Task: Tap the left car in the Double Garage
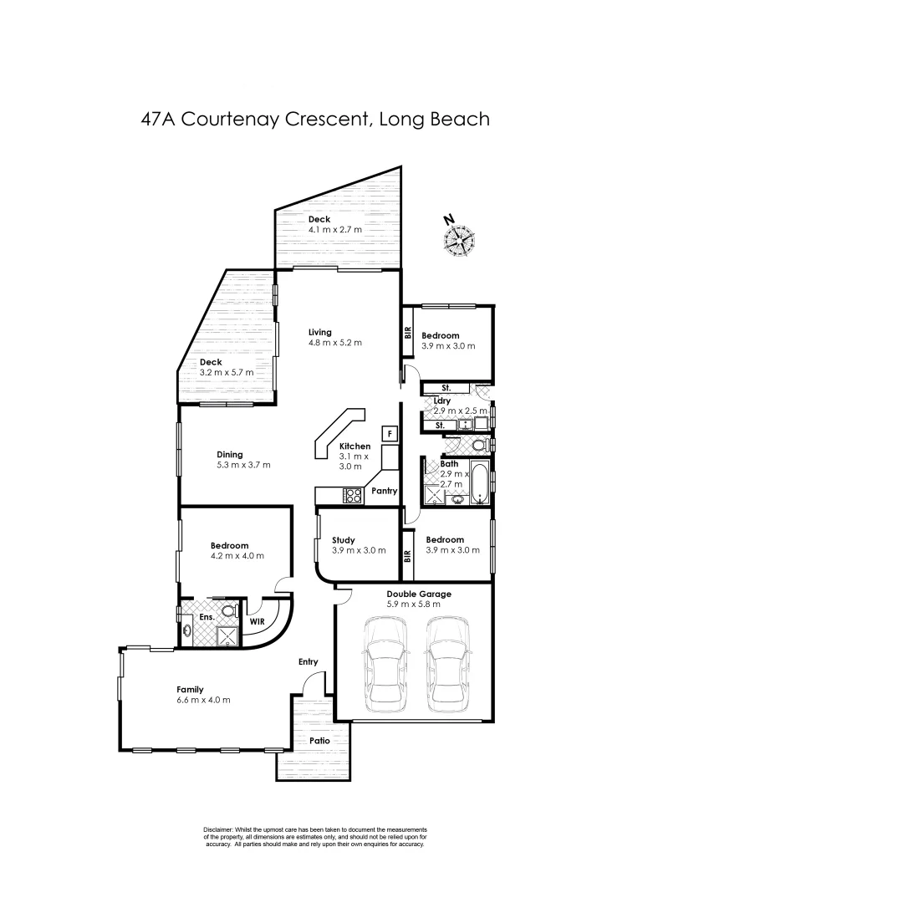pyautogui.click(x=385, y=663)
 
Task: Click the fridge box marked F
pyautogui.click(x=388, y=433)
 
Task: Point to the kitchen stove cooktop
pyautogui.click(x=352, y=496)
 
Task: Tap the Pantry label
pyautogui.click(x=384, y=491)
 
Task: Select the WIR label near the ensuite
pyautogui.click(x=257, y=621)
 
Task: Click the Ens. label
pyautogui.click(x=207, y=617)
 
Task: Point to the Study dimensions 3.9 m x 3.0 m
pyautogui.click(x=359, y=551)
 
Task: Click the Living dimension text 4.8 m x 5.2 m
pyautogui.click(x=334, y=343)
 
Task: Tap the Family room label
pyautogui.click(x=190, y=689)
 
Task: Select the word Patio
pyautogui.click(x=319, y=741)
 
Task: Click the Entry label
pyautogui.click(x=309, y=662)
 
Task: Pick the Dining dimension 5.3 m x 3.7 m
pyautogui.click(x=243, y=465)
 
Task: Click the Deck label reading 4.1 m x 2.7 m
pyautogui.click(x=334, y=229)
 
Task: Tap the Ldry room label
pyautogui.click(x=442, y=400)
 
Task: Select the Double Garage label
pyautogui.click(x=418, y=594)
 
